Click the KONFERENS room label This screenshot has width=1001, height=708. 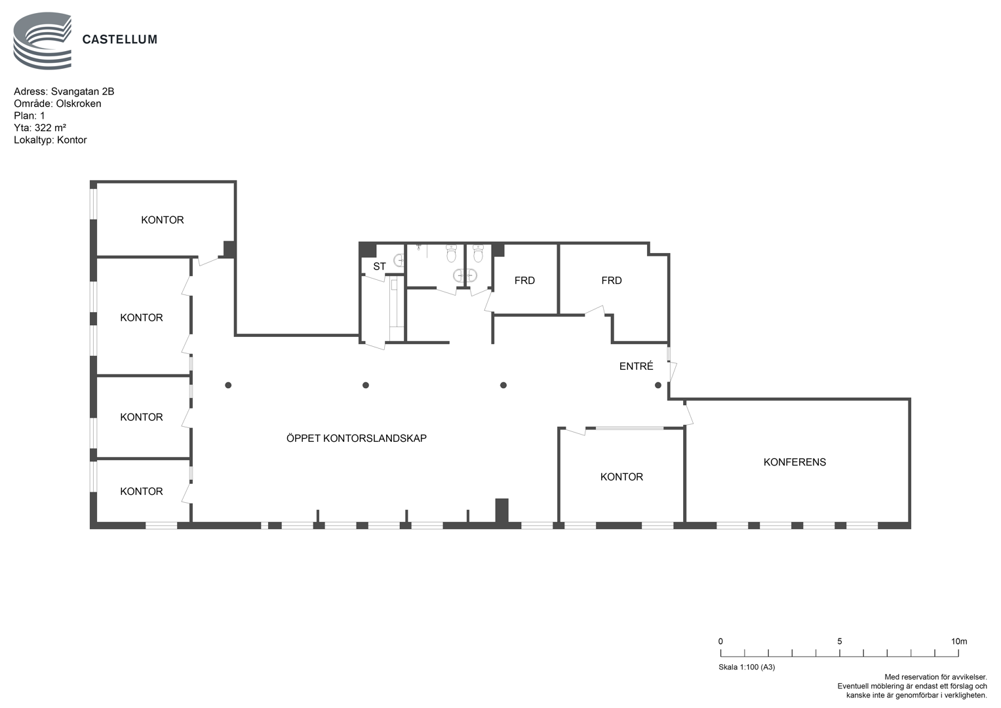click(x=795, y=462)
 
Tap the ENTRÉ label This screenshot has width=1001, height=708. click(x=636, y=366)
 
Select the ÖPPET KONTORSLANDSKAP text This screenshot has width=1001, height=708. click(x=356, y=438)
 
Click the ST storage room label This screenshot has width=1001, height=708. click(x=380, y=266)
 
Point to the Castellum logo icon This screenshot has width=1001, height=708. click(x=43, y=41)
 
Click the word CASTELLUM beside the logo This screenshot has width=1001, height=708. click(x=120, y=40)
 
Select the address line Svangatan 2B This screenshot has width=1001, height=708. click(x=64, y=92)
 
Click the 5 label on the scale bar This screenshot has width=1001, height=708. click(x=840, y=641)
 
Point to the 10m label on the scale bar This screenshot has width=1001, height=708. click(x=959, y=641)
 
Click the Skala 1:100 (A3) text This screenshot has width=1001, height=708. click(x=747, y=667)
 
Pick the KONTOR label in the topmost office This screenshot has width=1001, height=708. click(x=162, y=220)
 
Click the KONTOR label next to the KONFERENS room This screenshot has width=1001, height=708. click(x=621, y=477)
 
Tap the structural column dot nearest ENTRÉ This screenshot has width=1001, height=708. click(x=658, y=385)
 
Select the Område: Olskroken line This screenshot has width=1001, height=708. click(x=58, y=104)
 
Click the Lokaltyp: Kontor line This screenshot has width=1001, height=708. click(x=50, y=140)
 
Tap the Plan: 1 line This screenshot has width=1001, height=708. click(x=29, y=116)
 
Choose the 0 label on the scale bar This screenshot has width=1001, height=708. click(x=720, y=641)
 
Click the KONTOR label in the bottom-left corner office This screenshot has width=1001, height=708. click(x=141, y=492)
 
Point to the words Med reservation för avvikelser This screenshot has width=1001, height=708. click(x=935, y=677)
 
